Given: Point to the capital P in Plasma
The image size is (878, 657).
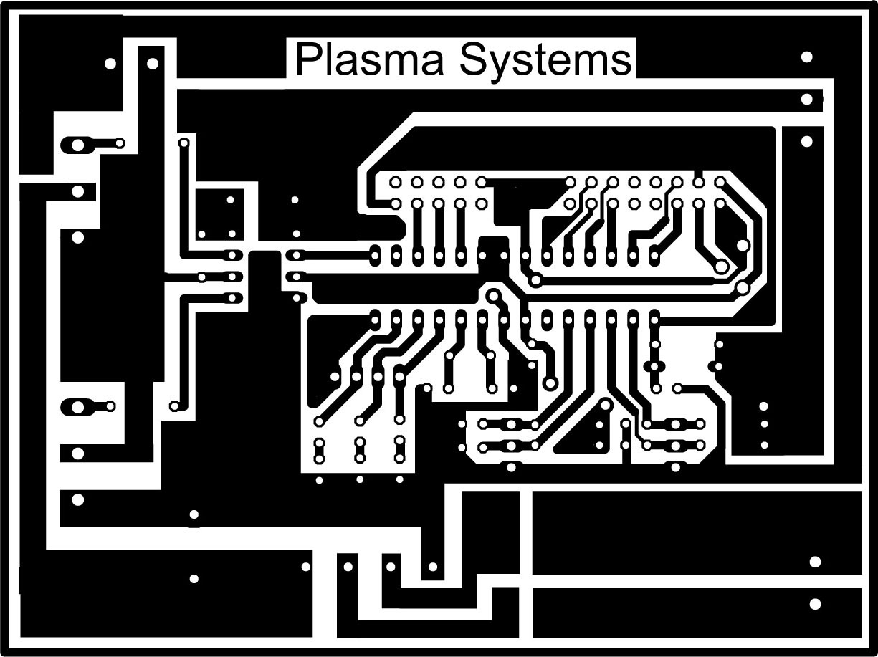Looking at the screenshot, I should (x=306, y=60).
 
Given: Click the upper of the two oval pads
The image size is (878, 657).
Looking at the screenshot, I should (x=77, y=145).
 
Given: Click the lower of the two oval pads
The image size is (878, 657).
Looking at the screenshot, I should (x=75, y=407).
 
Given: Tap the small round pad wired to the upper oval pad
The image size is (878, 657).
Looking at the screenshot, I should (x=120, y=143).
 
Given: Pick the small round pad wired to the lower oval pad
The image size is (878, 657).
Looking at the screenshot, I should (x=110, y=406).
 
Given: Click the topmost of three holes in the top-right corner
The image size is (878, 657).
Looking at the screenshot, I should (x=806, y=57).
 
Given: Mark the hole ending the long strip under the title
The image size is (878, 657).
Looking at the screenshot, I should (x=806, y=99).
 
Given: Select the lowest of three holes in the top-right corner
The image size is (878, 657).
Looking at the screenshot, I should (x=806, y=141).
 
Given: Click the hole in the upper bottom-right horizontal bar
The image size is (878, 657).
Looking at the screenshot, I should (x=815, y=562).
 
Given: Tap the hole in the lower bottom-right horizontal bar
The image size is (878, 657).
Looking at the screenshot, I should (x=815, y=604).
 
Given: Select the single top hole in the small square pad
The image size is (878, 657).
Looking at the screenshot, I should (x=231, y=200).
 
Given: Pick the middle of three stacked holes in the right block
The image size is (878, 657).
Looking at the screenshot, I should (x=764, y=424).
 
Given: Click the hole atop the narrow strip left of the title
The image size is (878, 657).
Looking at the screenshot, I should (x=152, y=64).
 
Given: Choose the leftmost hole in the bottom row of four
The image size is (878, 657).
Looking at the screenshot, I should (x=306, y=567).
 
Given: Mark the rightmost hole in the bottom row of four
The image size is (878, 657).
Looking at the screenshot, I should (x=433, y=567).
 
